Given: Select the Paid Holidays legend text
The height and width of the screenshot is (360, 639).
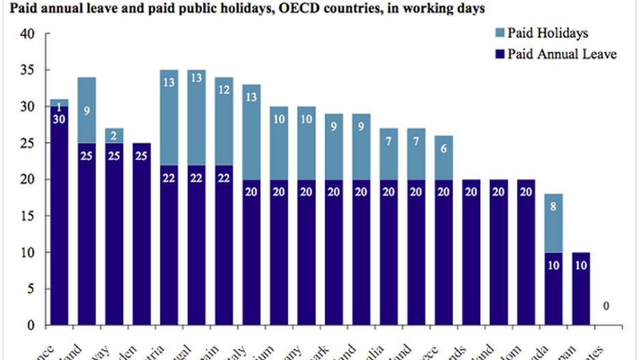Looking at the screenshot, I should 548,33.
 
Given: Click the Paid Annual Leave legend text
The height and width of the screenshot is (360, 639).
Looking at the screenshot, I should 562,53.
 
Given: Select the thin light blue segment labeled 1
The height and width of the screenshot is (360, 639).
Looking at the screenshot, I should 59,103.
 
